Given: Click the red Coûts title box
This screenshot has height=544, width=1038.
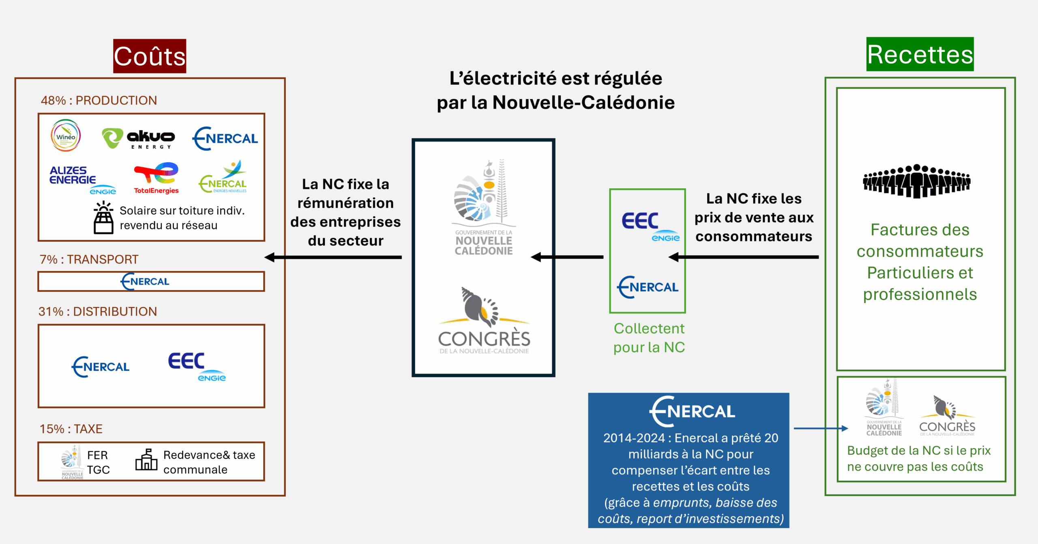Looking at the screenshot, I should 150,56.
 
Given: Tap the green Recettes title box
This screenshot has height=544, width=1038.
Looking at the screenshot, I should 920,54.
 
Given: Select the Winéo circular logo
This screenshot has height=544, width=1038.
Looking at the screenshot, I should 66,135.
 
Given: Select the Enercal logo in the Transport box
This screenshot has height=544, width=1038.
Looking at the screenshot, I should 145,282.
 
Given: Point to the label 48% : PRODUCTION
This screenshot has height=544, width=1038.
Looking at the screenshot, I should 99,101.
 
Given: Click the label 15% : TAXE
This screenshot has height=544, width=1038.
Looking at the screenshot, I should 71,429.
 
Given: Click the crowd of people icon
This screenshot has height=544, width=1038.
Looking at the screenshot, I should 916,181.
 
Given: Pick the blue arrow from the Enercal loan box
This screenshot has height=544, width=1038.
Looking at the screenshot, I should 820,428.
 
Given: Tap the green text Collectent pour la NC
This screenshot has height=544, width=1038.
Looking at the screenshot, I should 649,338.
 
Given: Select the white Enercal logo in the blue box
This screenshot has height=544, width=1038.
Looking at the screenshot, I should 692,411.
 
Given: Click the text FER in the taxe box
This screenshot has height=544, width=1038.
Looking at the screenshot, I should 97,455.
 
